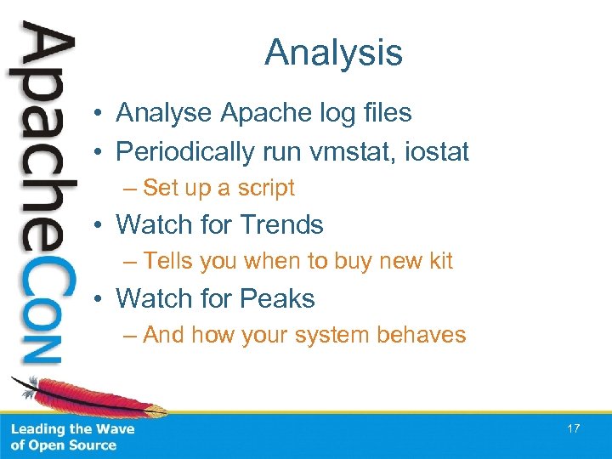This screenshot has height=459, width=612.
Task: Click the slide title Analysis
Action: [333, 53]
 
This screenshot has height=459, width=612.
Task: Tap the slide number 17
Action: [573, 428]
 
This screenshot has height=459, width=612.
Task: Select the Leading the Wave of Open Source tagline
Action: [72, 437]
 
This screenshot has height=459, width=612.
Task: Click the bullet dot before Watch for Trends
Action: [101, 226]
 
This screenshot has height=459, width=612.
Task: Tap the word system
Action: [330, 335]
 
